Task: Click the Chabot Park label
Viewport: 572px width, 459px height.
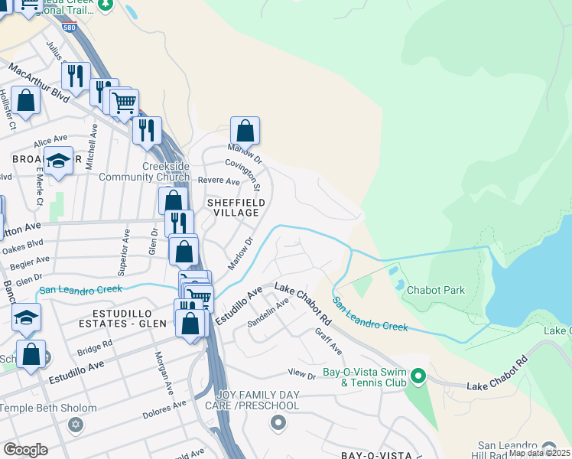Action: click(x=435, y=291)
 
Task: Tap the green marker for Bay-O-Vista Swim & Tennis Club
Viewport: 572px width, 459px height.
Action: click(x=418, y=376)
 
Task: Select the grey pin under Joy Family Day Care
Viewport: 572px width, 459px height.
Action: click(x=278, y=422)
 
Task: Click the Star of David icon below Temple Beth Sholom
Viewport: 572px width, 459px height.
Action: click(x=75, y=424)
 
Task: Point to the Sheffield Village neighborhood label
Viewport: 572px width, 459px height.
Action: click(x=236, y=208)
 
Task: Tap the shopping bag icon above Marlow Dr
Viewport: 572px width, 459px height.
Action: click(x=245, y=131)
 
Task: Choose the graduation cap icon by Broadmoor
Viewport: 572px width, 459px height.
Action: click(x=58, y=161)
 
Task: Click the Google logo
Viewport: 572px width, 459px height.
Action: click(x=25, y=449)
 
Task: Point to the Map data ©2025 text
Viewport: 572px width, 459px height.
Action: click(x=539, y=453)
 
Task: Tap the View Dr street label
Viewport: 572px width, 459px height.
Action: click(x=301, y=375)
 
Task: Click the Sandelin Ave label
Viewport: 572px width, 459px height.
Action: click(x=268, y=314)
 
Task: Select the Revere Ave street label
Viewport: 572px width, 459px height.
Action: click(x=219, y=181)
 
